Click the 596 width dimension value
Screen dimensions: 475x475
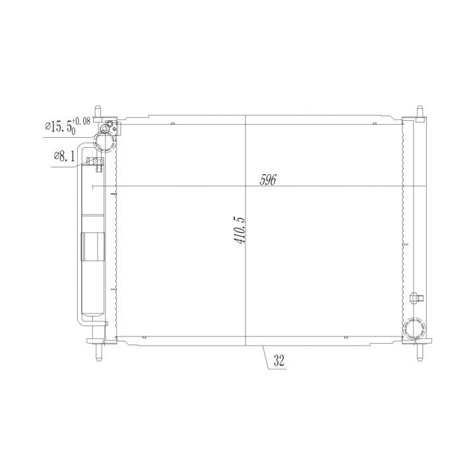click(x=268, y=180)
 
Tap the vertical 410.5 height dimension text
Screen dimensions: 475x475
click(x=239, y=230)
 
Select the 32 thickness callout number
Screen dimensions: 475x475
click(x=279, y=360)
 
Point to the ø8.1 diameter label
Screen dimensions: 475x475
click(x=64, y=156)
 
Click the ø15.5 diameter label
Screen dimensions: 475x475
click(x=59, y=126)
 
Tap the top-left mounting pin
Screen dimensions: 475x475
click(x=98, y=113)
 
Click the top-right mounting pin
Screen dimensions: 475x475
click(x=420, y=113)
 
